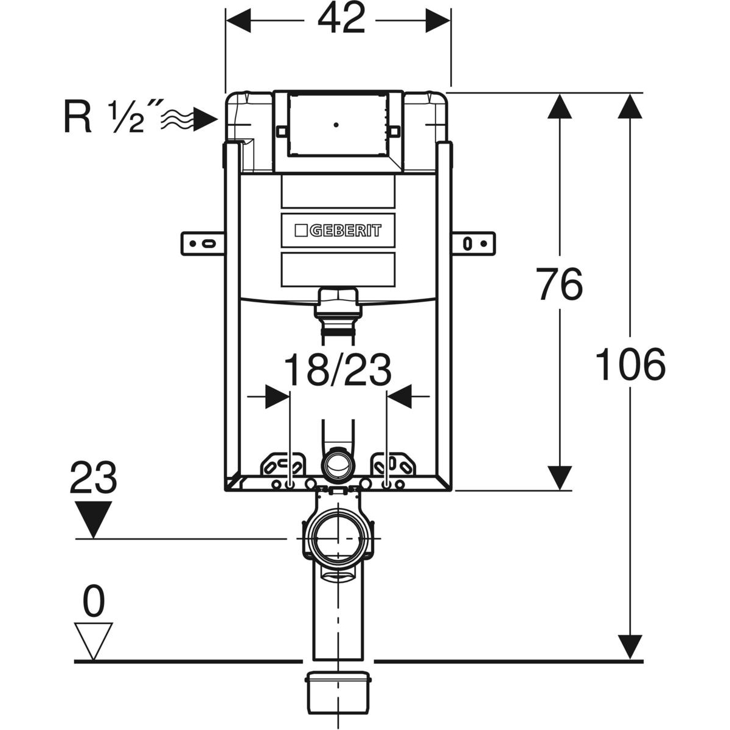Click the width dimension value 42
[340, 20]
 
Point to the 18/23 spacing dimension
[338, 370]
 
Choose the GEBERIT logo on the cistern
[338, 231]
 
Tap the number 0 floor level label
[93, 602]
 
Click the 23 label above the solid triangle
[93, 478]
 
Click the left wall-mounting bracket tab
[203, 243]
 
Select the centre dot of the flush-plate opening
[335, 125]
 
